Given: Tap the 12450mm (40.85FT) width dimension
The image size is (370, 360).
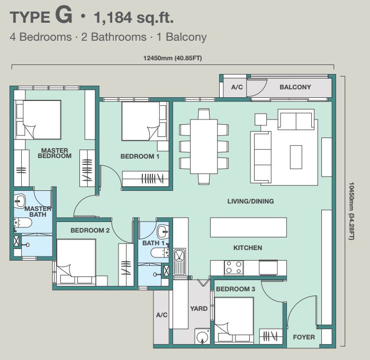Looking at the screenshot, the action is click(173, 58).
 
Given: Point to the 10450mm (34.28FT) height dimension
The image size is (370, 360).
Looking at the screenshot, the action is click(351, 211).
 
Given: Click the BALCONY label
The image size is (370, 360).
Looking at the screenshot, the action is click(295, 87).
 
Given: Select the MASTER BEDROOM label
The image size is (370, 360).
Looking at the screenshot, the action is click(55, 153).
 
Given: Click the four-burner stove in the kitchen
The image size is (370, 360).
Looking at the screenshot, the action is click(234, 267).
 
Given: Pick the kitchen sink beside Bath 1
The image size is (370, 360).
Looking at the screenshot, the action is click(179, 262).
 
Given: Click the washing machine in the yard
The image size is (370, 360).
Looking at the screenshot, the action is click(202, 336).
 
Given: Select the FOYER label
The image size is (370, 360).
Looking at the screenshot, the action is click(304, 337).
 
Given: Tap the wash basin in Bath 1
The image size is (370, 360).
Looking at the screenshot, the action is click(163, 232).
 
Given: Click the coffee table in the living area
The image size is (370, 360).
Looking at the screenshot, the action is click(296, 157).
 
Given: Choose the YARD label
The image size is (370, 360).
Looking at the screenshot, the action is click(198, 309).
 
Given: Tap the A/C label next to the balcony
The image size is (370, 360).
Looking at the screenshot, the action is click(237, 87).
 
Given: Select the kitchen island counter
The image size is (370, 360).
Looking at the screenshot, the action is click(248, 227).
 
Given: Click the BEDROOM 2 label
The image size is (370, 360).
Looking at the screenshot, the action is click(90, 230).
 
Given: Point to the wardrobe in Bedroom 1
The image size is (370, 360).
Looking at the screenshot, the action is click(146, 179).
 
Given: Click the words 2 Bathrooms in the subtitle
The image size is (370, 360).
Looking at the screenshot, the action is click(114, 37).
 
